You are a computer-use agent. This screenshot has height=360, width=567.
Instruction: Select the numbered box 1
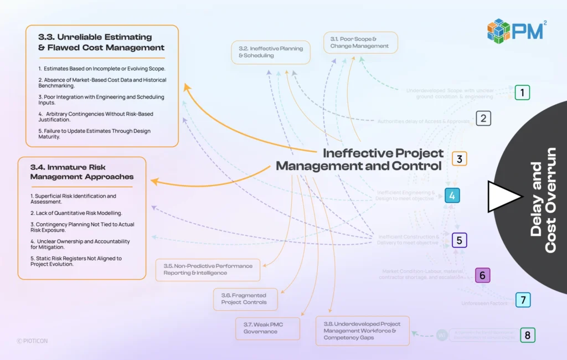[522, 92]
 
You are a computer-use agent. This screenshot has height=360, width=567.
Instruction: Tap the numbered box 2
[483, 118]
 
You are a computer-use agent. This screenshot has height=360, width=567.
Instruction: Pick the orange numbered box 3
[459, 159]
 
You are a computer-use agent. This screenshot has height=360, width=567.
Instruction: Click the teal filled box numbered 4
[452, 195]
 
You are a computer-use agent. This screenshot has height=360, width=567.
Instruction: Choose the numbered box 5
[460, 240]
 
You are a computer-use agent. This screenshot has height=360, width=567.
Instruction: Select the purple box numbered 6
[482, 275]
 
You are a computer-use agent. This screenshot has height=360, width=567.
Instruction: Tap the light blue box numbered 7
[523, 300]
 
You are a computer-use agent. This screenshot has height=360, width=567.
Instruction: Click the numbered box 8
[527, 335]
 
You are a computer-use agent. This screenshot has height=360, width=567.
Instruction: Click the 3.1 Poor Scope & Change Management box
[360, 43]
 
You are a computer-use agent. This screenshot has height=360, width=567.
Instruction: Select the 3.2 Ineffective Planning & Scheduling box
[271, 52]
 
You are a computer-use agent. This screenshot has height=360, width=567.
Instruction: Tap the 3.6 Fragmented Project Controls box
[245, 299]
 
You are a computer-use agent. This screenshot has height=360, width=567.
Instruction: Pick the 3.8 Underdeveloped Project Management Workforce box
[362, 331]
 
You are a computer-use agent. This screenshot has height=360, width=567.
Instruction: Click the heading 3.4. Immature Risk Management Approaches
[82, 172]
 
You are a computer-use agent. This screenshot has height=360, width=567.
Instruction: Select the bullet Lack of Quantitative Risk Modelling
[76, 213]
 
